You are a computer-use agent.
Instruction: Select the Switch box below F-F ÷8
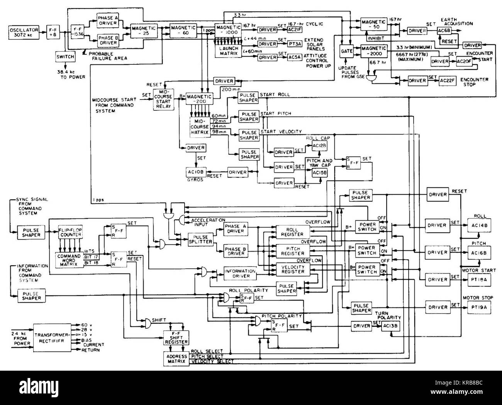(65, 56)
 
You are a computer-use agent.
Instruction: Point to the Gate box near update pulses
(344, 51)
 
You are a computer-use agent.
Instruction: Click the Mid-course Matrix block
(199, 126)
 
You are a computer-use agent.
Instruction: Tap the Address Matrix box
(176, 359)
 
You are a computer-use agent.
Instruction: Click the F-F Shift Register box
(176, 339)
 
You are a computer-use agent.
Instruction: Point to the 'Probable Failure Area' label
(107, 55)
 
